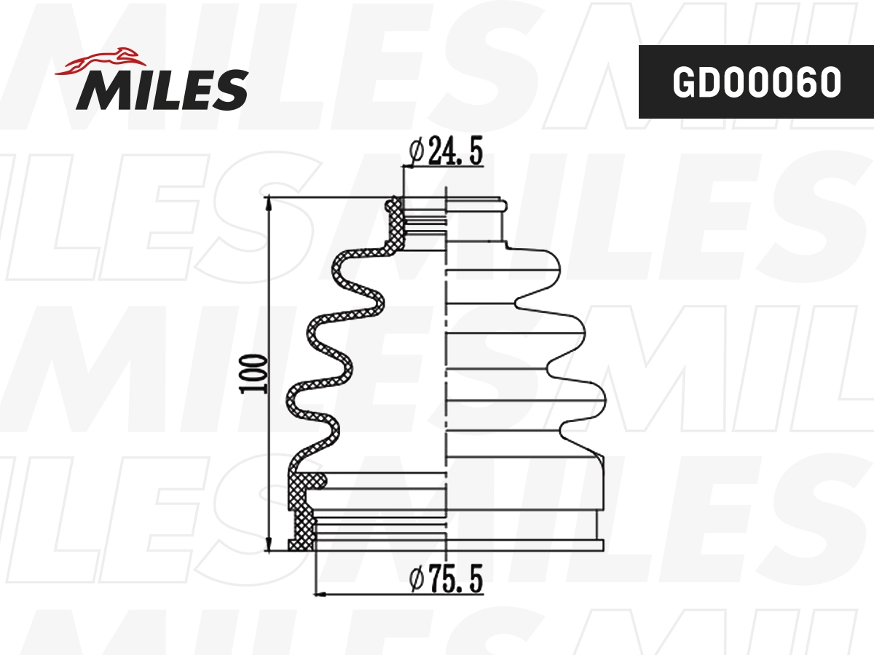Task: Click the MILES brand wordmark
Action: [162, 90]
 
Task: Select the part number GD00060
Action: [756, 82]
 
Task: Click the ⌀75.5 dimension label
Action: [445, 580]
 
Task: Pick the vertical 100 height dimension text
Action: [253, 373]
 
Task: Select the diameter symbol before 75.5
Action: [416, 580]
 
